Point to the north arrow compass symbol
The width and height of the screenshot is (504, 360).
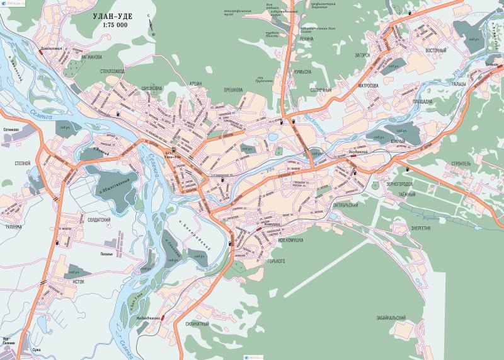(152, 27)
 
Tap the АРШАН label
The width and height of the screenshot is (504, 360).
(197, 83)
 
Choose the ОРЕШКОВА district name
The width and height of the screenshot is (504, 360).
(233, 90)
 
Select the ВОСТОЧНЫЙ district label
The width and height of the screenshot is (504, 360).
(435, 50)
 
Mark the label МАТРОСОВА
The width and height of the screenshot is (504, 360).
(368, 85)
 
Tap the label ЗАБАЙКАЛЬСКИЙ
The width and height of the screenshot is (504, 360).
(391, 318)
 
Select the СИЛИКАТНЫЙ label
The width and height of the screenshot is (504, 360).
(197, 324)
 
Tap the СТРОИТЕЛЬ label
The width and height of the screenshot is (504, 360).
(461, 163)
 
